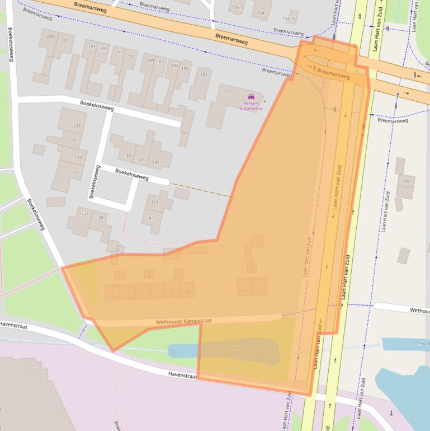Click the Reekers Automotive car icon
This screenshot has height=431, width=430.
[x=251, y=97]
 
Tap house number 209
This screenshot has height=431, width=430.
[x=50, y=37]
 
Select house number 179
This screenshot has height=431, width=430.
[x=227, y=91]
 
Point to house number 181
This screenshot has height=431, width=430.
[x=204, y=74]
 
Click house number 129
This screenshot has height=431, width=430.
[x=77, y=126]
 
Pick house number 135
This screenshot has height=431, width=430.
[x=75, y=172]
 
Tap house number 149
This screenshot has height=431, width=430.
[x=127, y=155]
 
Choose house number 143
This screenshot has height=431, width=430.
[x=155, y=202]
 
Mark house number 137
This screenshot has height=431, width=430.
[x=84, y=214]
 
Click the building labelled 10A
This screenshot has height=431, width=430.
[x=405, y=181]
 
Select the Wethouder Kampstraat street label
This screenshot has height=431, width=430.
[x=184, y=321]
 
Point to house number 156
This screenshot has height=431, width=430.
[x=235, y=7]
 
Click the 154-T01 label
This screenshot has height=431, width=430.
[x=290, y=18]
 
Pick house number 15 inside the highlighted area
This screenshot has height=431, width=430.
[x=260, y=291]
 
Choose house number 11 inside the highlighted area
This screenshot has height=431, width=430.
[x=187, y=293]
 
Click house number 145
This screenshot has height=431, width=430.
[x=155, y=162]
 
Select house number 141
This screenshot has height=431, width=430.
[x=150, y=217]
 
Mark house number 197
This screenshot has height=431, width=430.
[x=92, y=46]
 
